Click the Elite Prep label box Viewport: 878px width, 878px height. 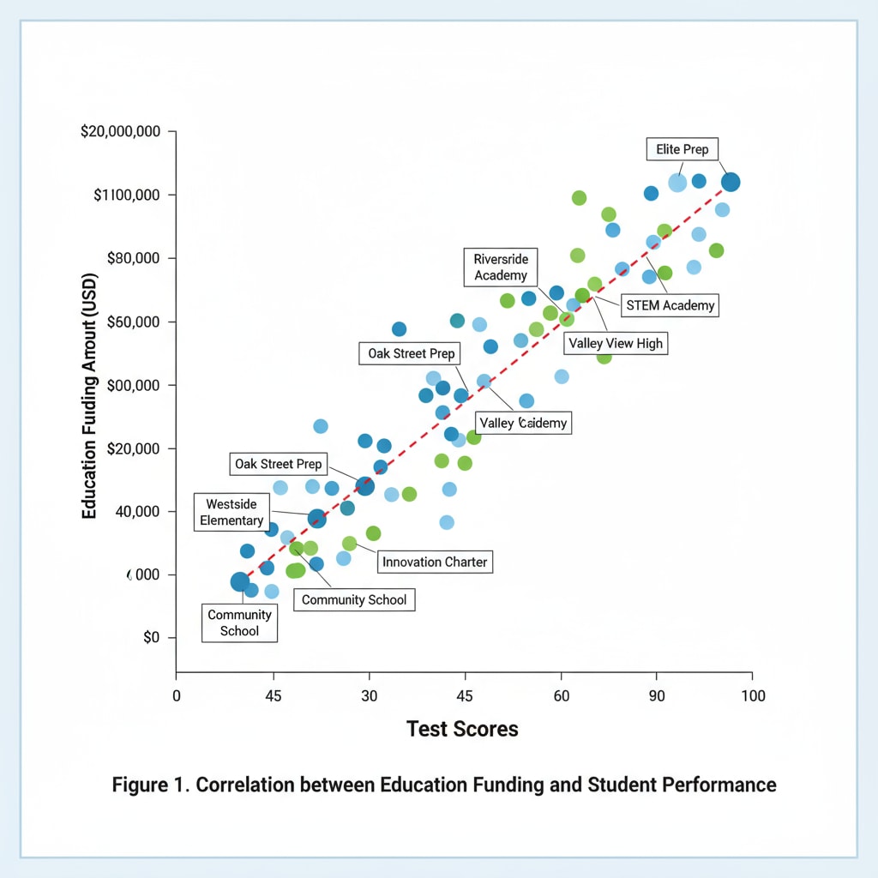pyautogui.click(x=682, y=149)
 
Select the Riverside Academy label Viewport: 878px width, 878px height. pyautogui.click(x=501, y=268)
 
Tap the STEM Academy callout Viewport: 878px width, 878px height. pyautogui.click(x=670, y=304)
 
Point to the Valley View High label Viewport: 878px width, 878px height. pyautogui.click(x=615, y=344)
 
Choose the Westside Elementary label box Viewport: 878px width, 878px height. pyautogui.click(x=232, y=512)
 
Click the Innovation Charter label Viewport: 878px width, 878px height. pyautogui.click(x=435, y=562)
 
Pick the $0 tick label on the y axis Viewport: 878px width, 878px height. pyautogui.click(x=151, y=638)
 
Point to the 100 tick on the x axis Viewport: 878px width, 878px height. pyautogui.click(x=752, y=696)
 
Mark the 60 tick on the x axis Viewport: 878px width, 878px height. pyautogui.click(x=561, y=696)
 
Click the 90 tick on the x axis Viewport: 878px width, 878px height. pyautogui.click(x=657, y=696)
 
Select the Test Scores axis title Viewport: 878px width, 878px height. pyautogui.click(x=462, y=729)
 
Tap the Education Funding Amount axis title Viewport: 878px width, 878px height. pyautogui.click(x=88, y=396)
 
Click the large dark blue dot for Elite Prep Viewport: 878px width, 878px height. pyautogui.click(x=731, y=182)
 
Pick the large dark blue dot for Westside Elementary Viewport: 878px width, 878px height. pyautogui.click(x=317, y=519)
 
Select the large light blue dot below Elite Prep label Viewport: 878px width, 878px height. pyautogui.click(x=677, y=183)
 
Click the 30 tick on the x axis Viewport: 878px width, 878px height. pyautogui.click(x=369, y=696)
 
